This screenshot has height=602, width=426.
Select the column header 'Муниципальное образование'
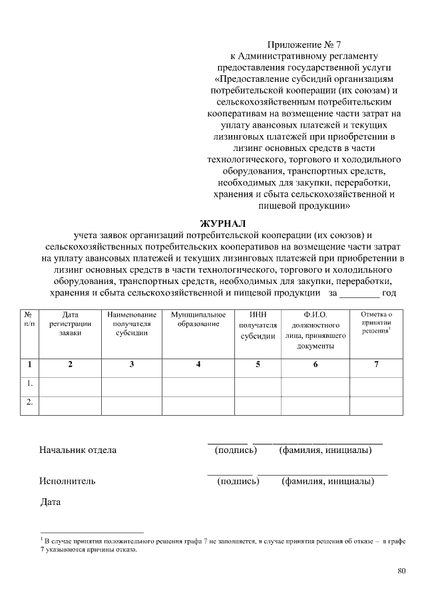[x=198, y=319]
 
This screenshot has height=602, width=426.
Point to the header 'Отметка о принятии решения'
[x=376, y=322]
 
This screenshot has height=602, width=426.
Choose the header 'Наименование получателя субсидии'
[x=131, y=323]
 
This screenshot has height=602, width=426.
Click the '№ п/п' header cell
[x=29, y=319]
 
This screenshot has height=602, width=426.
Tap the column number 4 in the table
[x=198, y=365]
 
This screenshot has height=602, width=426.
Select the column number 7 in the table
[x=376, y=365]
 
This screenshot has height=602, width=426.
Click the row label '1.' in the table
[x=29, y=384]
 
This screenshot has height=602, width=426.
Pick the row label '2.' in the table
[x=29, y=402]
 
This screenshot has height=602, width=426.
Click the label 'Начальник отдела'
[x=78, y=450]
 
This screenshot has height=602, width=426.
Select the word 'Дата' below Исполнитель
[x=51, y=502]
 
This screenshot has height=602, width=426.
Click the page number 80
[x=401, y=570]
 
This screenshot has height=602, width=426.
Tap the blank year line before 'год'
[x=359, y=293]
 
